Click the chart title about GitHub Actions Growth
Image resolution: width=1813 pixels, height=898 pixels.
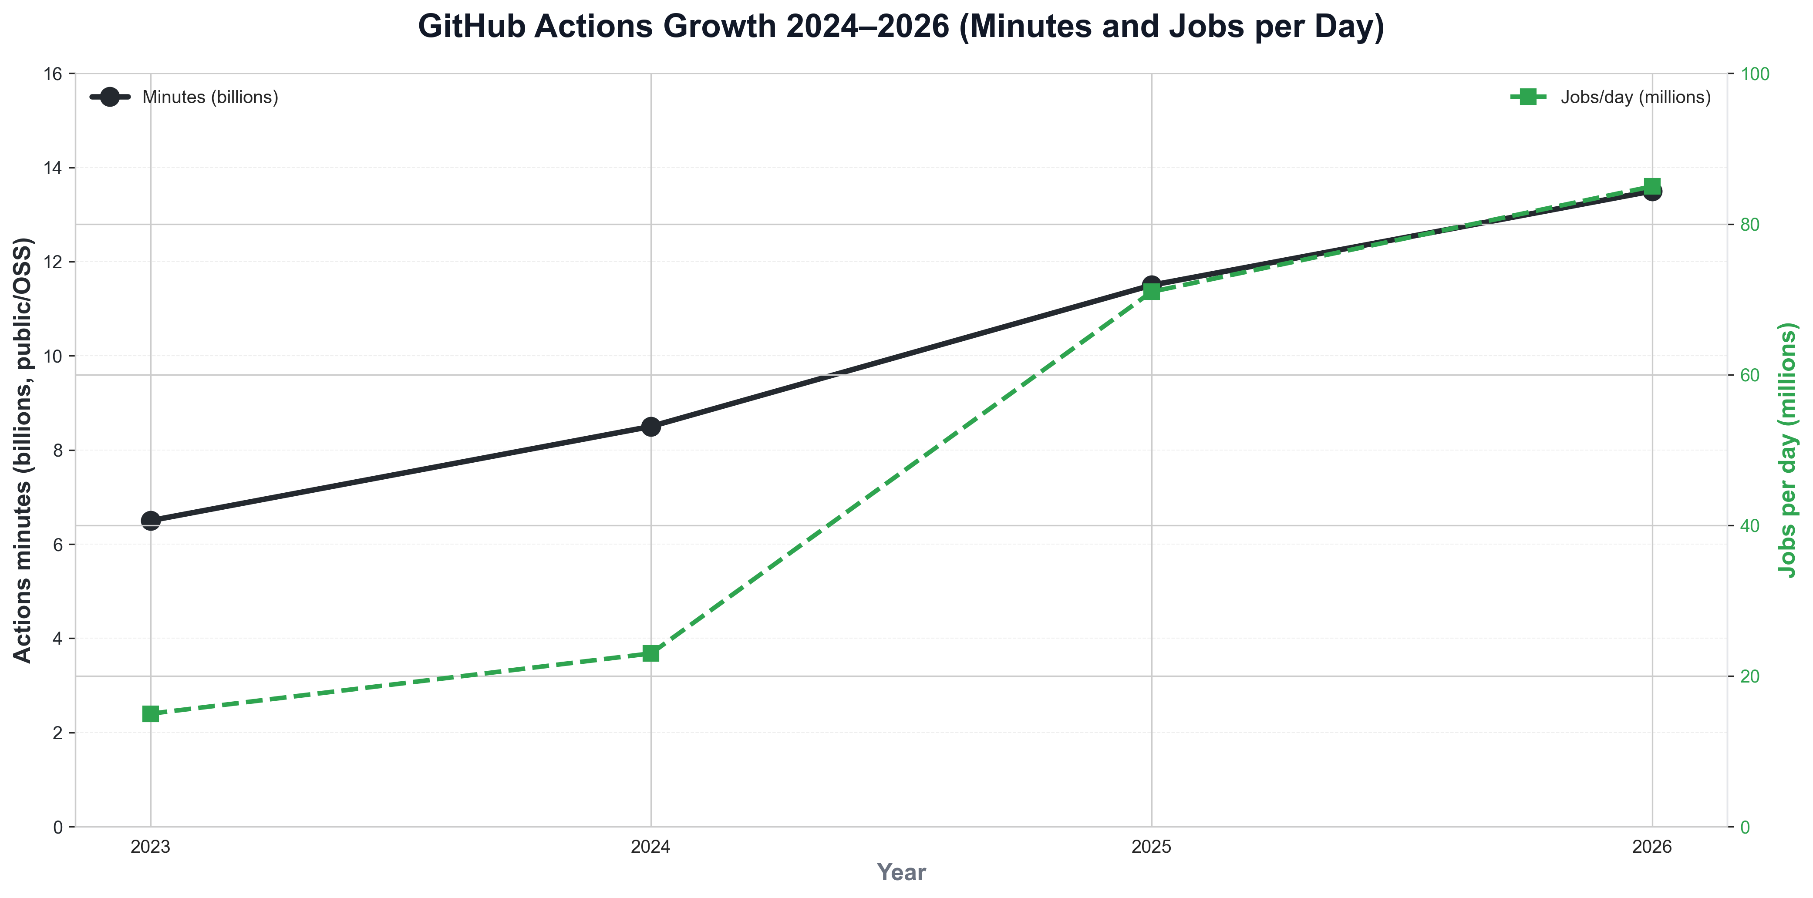(x=901, y=27)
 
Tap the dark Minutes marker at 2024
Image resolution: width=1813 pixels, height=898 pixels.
(x=651, y=427)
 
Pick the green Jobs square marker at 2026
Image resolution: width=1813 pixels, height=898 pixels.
(x=1652, y=186)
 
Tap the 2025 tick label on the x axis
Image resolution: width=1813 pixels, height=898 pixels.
(x=1152, y=847)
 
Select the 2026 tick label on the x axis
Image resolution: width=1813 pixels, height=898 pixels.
(x=1652, y=847)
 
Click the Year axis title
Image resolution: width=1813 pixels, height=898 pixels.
(x=901, y=873)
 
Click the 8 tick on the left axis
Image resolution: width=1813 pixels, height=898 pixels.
(x=58, y=451)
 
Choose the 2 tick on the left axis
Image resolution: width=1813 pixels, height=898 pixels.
(x=58, y=733)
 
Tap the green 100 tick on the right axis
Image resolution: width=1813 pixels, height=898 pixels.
(x=1755, y=74)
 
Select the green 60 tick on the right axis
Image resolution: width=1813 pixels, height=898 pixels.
(x=1750, y=375)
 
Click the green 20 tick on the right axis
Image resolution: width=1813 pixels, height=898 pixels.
(x=1750, y=676)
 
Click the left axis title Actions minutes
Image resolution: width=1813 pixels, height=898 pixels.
(x=23, y=451)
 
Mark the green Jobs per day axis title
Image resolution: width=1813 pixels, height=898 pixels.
(x=1788, y=451)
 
